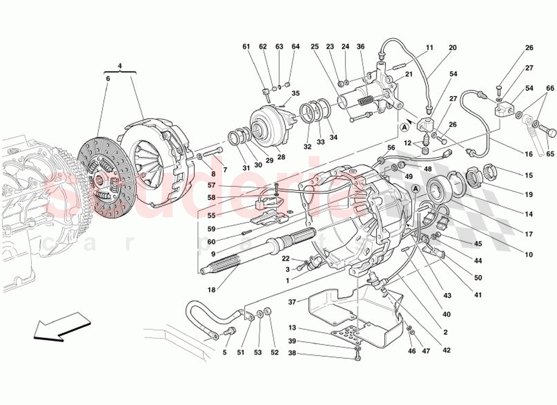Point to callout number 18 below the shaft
(x=211, y=290)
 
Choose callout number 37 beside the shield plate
(x=292, y=302)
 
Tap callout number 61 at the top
(x=246, y=47)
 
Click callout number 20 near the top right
(x=452, y=48)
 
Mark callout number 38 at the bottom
(x=292, y=354)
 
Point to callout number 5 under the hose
(x=224, y=352)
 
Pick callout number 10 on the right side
(x=529, y=255)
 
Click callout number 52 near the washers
(x=274, y=352)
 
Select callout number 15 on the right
(x=529, y=176)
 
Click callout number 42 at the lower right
(x=446, y=350)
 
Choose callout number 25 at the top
(x=314, y=47)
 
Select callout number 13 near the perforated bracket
(x=292, y=328)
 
